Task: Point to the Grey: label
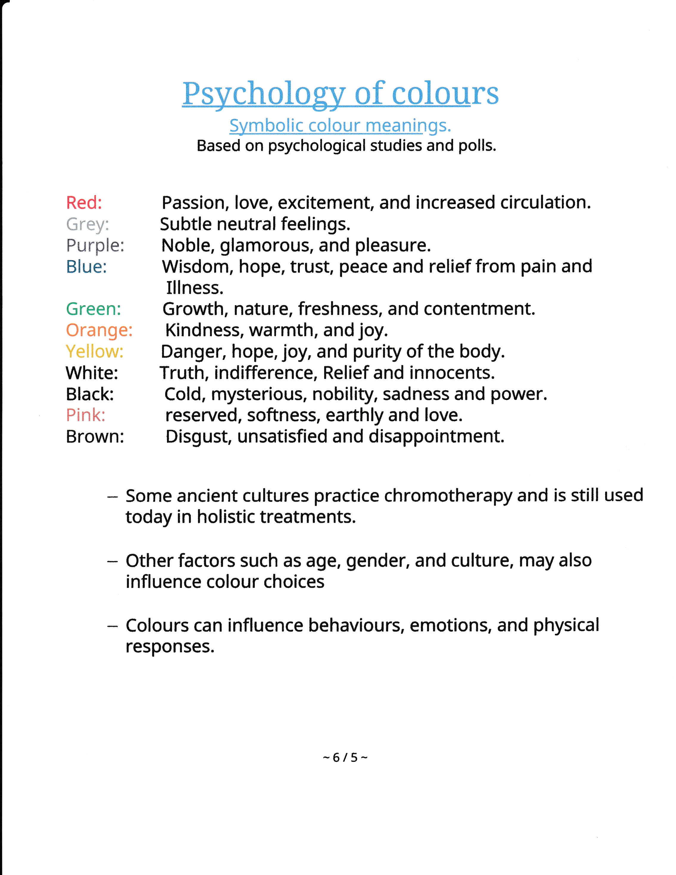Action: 87,224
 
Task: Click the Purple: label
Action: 95,246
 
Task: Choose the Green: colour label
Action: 93,309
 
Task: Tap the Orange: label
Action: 99,330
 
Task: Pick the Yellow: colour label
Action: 95,352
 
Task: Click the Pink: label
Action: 86,415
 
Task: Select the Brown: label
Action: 95,437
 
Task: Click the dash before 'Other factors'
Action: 113,561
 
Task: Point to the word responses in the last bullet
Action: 170,647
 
